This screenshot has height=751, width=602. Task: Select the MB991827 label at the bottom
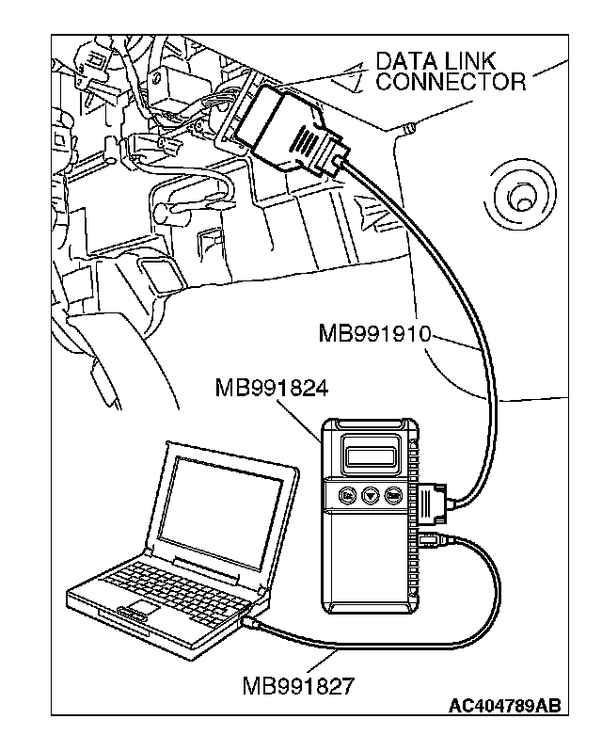[298, 684]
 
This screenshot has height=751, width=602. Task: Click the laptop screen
[222, 509]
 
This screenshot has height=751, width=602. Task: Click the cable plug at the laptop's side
[250, 621]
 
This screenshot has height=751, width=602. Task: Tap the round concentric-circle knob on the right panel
[518, 196]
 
